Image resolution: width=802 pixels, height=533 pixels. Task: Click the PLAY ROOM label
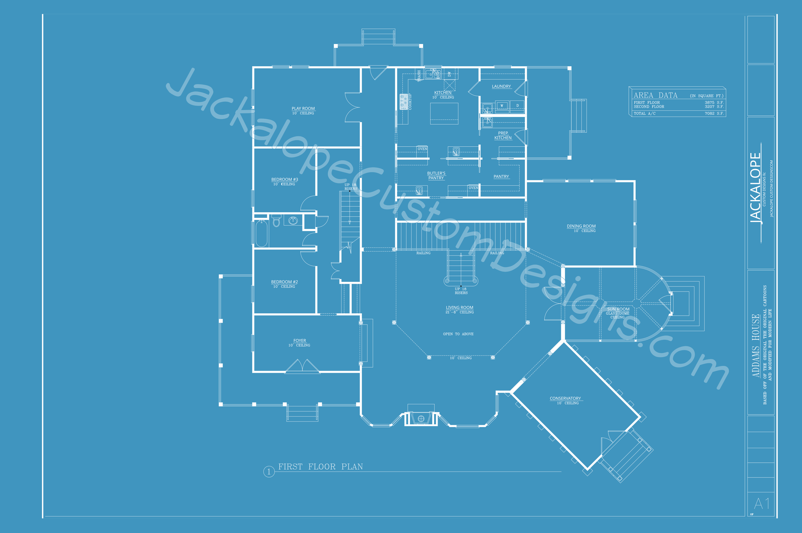[x=303, y=108]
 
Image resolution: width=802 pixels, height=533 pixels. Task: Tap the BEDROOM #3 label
[x=285, y=180]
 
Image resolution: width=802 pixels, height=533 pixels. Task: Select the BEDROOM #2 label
[x=284, y=282]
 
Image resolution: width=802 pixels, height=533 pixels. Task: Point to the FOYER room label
[x=300, y=341]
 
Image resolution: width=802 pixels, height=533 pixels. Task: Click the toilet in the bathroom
[x=277, y=221]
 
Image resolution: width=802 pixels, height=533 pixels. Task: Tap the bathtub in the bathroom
[x=261, y=233]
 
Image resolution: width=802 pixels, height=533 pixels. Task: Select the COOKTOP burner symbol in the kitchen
[x=404, y=102]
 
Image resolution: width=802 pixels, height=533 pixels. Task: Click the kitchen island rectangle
[x=444, y=114]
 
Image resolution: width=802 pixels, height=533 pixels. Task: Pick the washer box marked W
[x=502, y=106]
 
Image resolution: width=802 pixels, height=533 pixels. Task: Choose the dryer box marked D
[x=517, y=106]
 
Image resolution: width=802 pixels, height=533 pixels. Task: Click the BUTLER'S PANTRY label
[x=436, y=175]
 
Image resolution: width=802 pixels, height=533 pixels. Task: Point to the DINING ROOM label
[x=581, y=226]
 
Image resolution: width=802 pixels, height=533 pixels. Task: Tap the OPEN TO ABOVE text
[x=458, y=334]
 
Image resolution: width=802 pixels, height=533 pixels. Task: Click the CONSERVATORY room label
[x=565, y=398]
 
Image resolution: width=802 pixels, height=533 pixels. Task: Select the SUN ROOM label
[x=618, y=309]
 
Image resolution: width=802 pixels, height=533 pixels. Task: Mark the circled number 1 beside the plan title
[x=269, y=472]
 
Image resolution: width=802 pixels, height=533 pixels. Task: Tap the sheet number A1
[x=762, y=503]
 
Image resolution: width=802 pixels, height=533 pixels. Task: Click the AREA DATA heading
[x=655, y=96]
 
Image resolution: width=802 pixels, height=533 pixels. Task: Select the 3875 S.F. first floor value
[x=714, y=103]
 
